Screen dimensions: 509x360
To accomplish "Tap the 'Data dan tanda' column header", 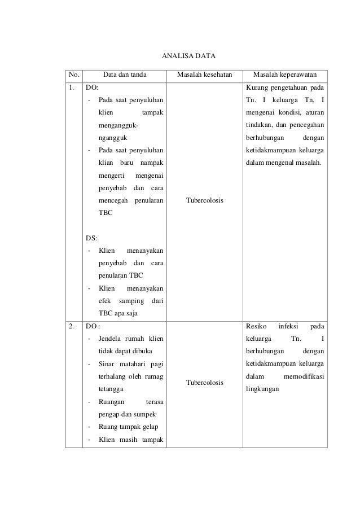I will (125, 75).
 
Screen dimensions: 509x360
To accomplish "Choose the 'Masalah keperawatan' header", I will (285, 75).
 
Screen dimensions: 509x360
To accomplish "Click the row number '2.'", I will (72, 326).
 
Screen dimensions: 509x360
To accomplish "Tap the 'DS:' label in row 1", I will (90, 238).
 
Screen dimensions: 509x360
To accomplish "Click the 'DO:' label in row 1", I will (91, 88).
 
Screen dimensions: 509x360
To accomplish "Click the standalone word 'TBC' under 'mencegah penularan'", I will (105, 213).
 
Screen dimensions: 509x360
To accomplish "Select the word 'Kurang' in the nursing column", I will (256, 88).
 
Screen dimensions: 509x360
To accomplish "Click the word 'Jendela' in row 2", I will (111, 339).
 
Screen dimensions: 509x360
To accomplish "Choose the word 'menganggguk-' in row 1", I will (117, 125).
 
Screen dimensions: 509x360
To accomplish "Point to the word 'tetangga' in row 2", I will (111, 389).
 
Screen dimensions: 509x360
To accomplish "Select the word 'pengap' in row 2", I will (108, 414).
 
